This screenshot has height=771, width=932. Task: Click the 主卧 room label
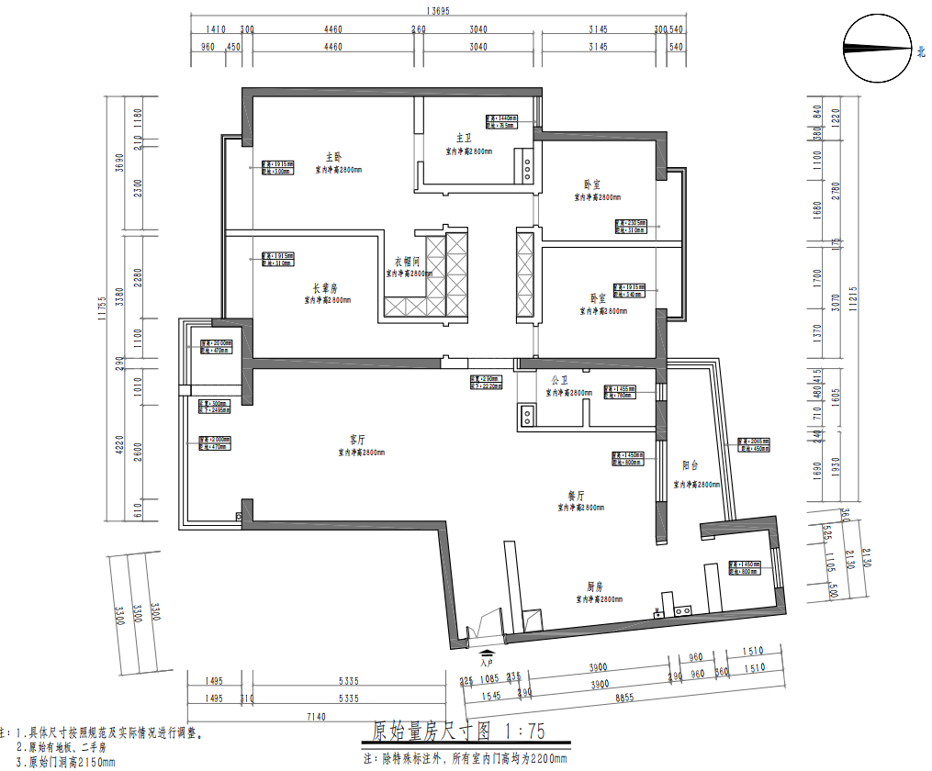coord(332,156)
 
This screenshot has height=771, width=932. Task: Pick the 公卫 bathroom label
coord(561,380)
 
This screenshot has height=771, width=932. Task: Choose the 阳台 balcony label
coord(691,466)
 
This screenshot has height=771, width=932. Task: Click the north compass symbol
coord(877,50)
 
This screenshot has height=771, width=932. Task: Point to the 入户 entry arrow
coord(487,653)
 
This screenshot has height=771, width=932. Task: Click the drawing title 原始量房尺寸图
coord(431,732)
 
